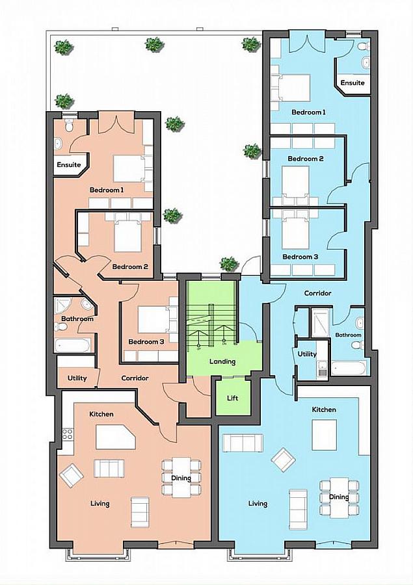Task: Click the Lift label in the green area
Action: coord(233,398)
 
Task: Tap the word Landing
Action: coord(222,362)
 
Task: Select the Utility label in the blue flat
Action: coord(307,354)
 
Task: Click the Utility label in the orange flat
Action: coord(77,378)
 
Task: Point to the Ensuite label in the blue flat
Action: coord(353,83)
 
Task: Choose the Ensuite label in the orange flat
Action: coord(68,164)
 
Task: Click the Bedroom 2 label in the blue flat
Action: coord(306,159)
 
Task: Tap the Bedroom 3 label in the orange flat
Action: coord(145,342)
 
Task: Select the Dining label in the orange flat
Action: coord(181,478)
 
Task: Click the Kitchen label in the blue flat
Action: coord(324,409)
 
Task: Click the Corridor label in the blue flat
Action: coord(317,293)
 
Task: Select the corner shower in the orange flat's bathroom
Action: coord(63,305)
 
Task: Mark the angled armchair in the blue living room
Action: coord(283,461)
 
